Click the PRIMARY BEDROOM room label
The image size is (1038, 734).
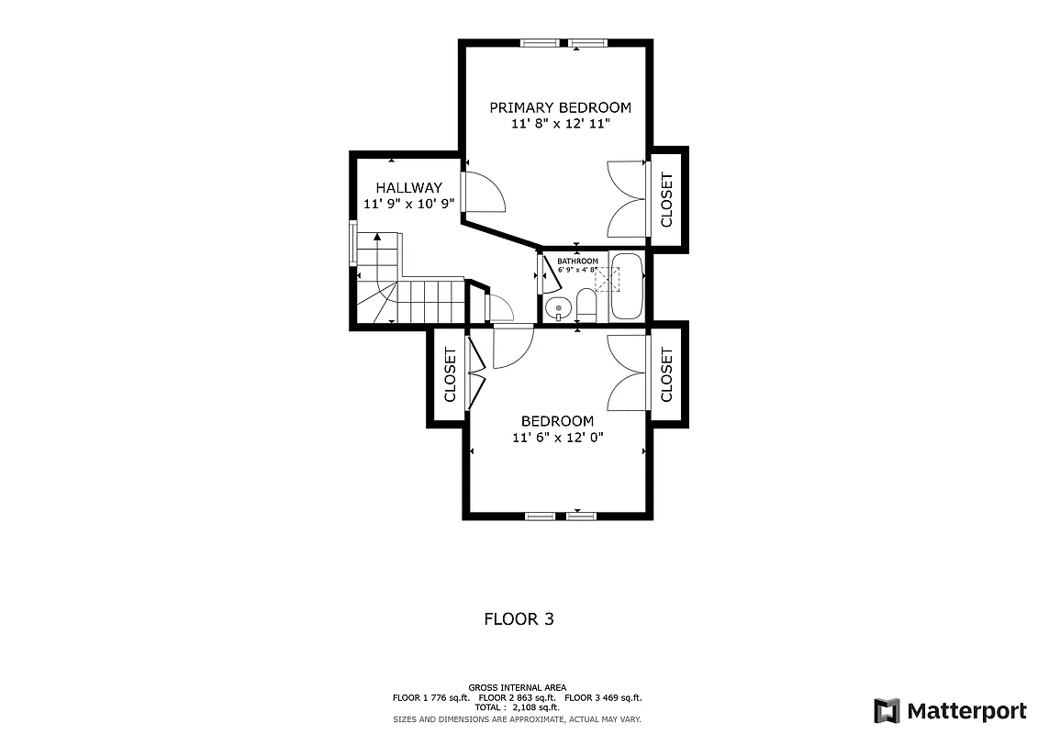pos(559,107)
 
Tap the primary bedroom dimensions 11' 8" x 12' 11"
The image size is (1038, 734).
pos(559,124)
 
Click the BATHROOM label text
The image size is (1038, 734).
pos(577,261)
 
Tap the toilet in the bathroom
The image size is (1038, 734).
pos(586,305)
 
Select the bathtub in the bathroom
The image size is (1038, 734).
pos(628,285)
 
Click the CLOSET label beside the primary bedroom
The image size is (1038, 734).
pos(666,199)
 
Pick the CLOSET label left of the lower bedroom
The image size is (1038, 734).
pos(450,374)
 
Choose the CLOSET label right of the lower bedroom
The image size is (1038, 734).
pos(666,374)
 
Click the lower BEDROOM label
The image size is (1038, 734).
pos(557,421)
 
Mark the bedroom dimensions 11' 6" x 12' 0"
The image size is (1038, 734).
pos(557,438)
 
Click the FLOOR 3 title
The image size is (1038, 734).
pos(519,619)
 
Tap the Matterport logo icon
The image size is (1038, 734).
pos(887,710)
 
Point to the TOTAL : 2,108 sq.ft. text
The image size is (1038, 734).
pos(517,707)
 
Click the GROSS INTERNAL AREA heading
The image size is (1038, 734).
pos(517,687)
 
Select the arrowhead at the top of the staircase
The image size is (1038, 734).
pos(377,237)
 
